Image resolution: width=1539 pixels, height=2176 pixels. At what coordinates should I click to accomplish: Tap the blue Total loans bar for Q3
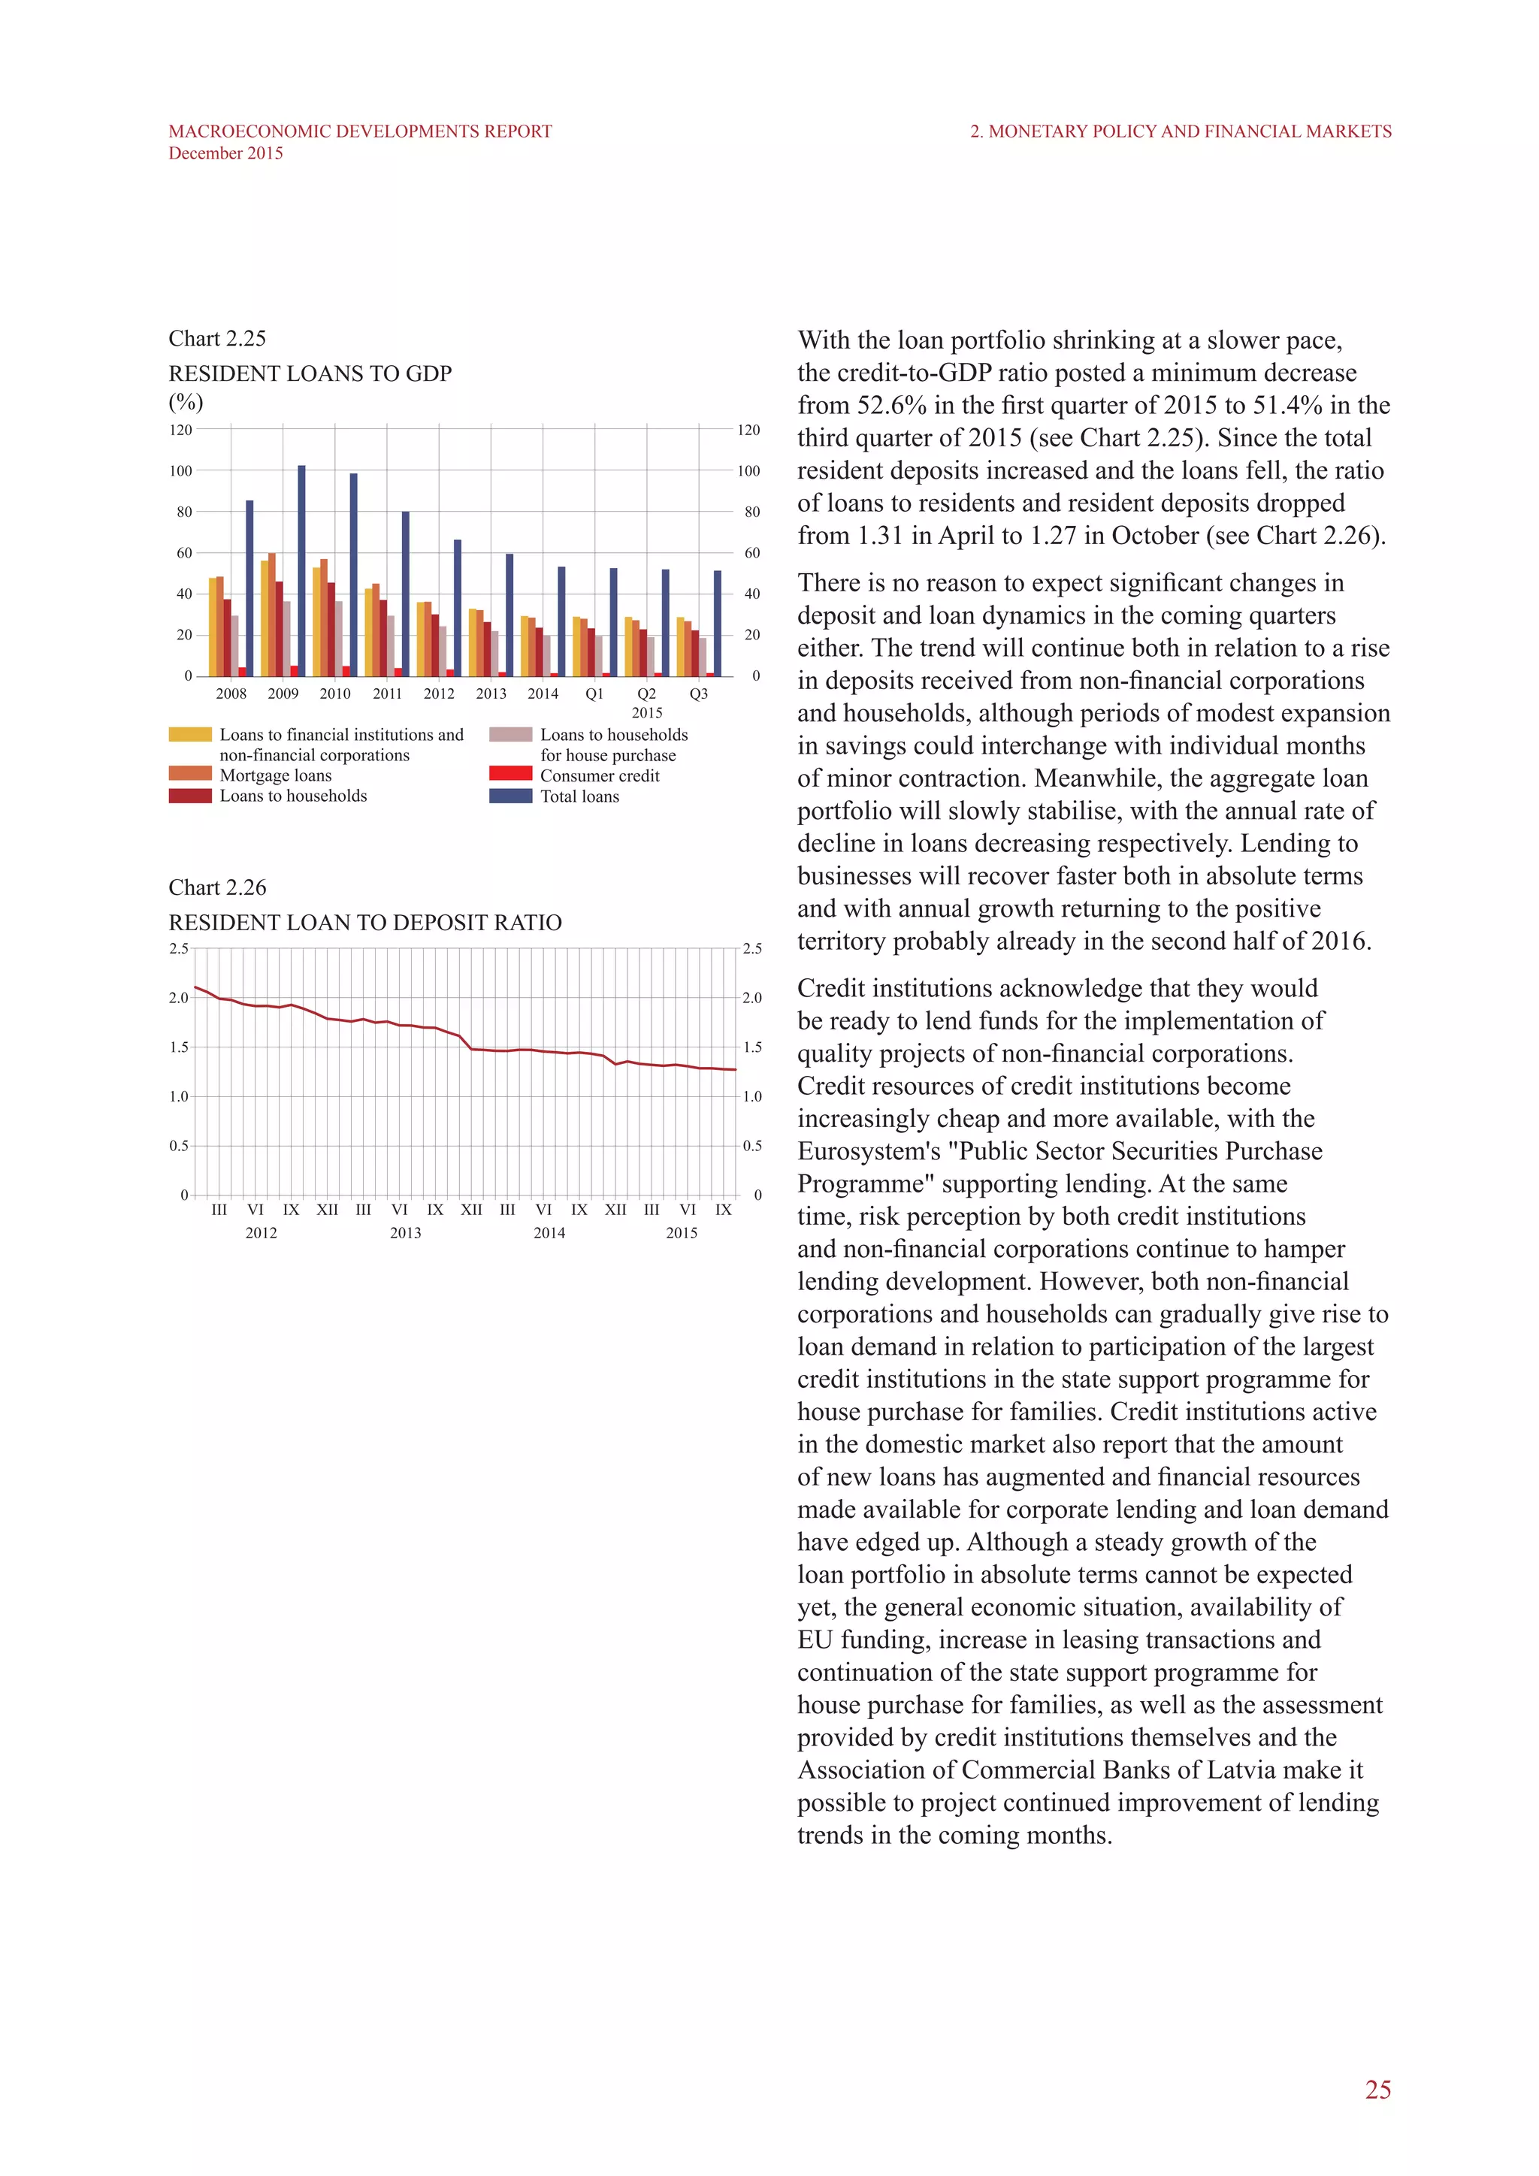pyautogui.click(x=718, y=623)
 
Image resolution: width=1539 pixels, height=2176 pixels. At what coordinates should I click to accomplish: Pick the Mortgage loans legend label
pyautogui.click(x=276, y=775)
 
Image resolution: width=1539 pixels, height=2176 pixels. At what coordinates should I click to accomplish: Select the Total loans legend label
pyautogui.click(x=579, y=796)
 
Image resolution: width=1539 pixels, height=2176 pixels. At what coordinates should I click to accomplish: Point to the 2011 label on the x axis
pyautogui.click(x=387, y=694)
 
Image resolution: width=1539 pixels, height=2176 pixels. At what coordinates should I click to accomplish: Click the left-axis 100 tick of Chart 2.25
pyautogui.click(x=181, y=471)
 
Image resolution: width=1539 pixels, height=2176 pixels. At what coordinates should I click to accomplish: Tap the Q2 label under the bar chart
pyautogui.click(x=646, y=694)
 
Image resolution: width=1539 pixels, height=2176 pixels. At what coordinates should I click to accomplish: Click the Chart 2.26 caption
pyautogui.click(x=217, y=887)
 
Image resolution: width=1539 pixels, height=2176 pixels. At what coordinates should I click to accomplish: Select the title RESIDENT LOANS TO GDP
pyautogui.click(x=310, y=373)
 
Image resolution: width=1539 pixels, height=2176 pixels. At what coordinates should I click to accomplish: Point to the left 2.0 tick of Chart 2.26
pyautogui.click(x=178, y=998)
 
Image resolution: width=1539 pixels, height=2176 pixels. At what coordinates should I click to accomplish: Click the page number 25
pyautogui.click(x=1378, y=2090)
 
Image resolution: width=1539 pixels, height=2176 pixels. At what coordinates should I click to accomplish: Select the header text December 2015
pyautogui.click(x=225, y=153)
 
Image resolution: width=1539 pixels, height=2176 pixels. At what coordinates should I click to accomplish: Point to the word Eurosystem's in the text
pyautogui.click(x=868, y=1152)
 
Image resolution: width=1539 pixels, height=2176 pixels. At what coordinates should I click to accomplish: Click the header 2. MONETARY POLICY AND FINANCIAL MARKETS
pyautogui.click(x=1180, y=131)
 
